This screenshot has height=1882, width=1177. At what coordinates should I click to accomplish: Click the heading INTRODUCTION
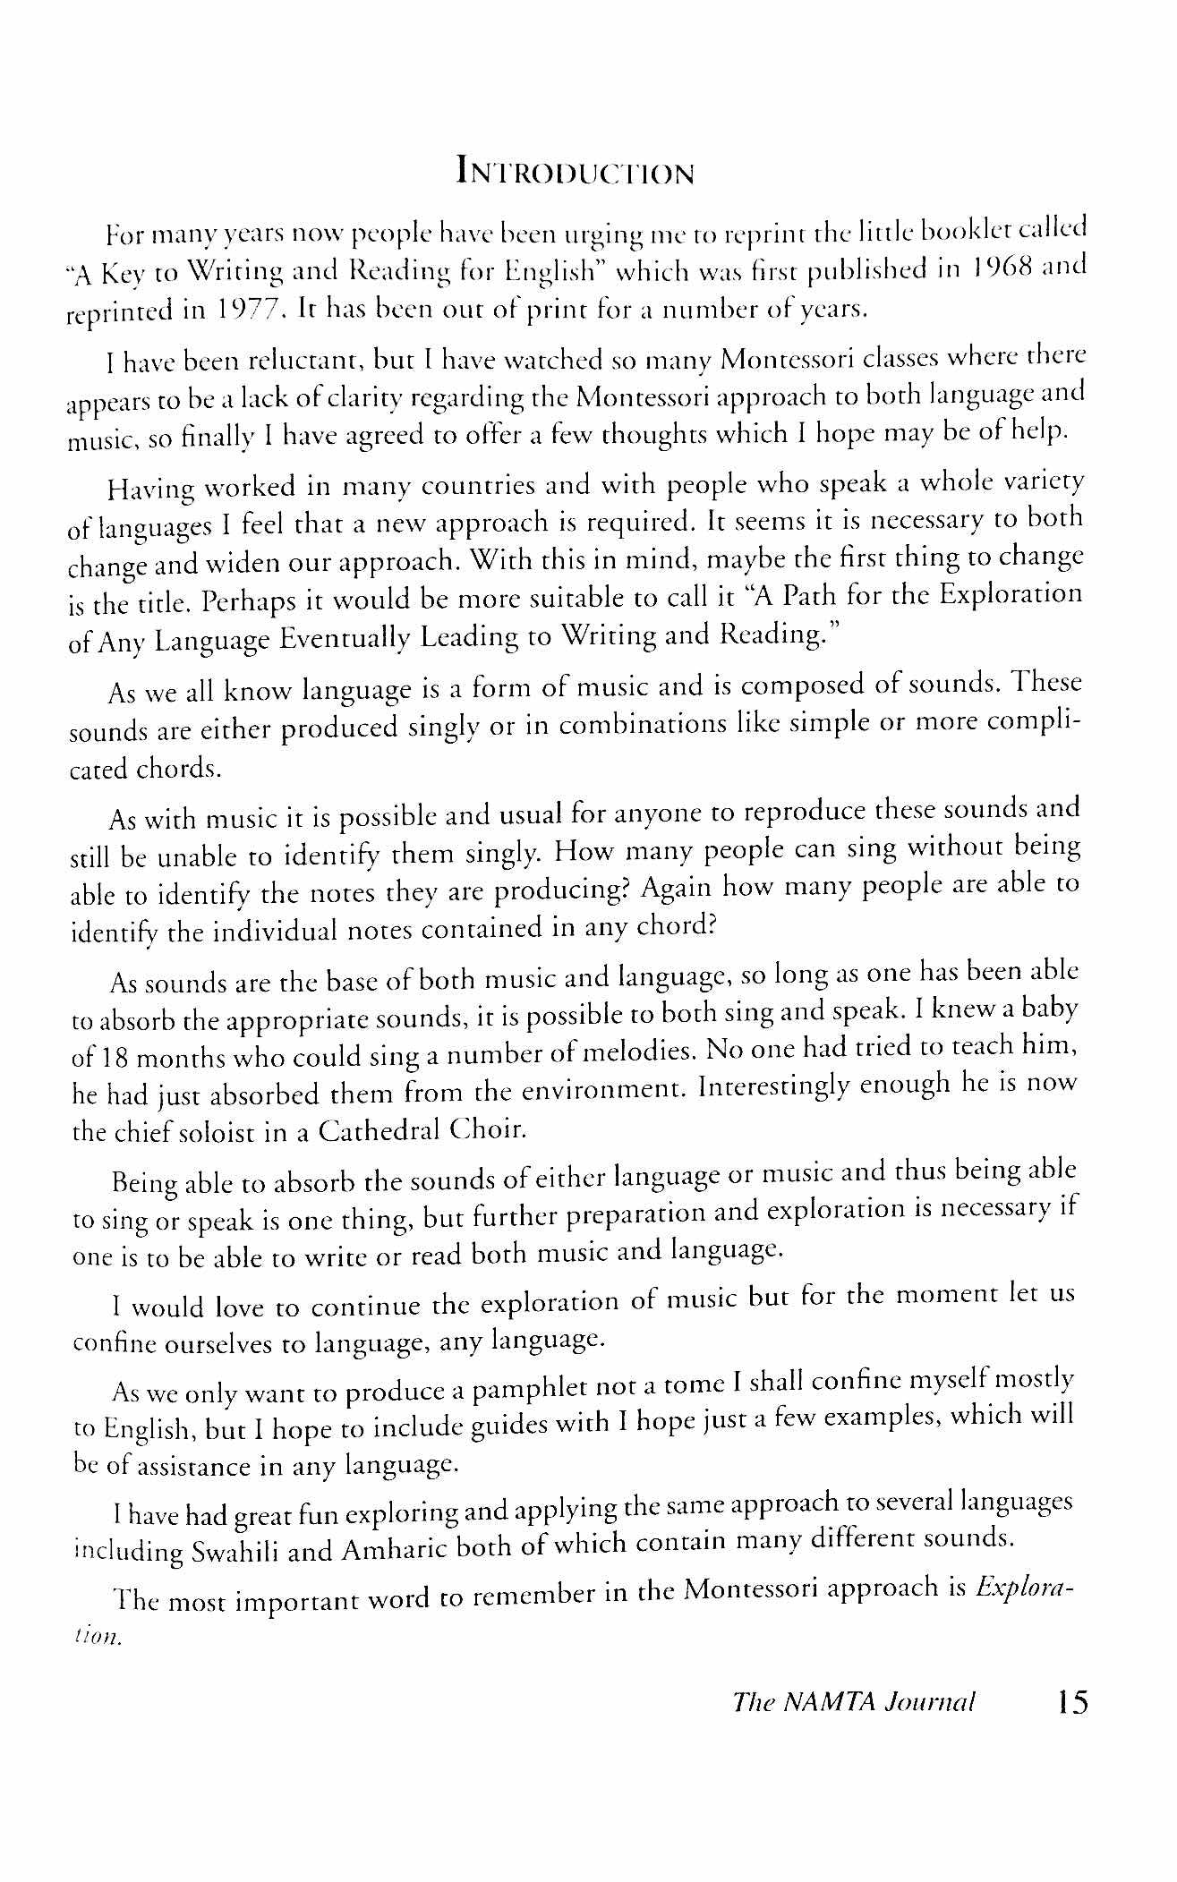(575, 170)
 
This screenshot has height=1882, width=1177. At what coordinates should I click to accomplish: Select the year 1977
(250, 311)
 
